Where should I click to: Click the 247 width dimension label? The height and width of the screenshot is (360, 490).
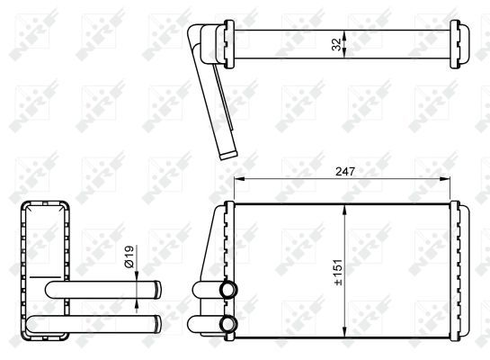pos(345,171)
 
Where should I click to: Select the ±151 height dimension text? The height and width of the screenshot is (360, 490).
pos(338,273)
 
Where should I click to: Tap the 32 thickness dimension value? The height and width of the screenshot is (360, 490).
pos(336,44)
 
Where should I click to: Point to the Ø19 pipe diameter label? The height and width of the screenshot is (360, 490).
pos(129,256)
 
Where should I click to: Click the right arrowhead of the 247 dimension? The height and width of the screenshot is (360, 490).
pos(445,179)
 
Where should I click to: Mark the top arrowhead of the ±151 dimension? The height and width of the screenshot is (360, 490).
pos(344,210)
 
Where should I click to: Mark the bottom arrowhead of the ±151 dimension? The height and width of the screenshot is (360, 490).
pos(344,332)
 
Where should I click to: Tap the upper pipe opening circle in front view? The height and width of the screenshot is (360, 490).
pos(228,289)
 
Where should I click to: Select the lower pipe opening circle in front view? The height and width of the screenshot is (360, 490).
pos(228,324)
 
